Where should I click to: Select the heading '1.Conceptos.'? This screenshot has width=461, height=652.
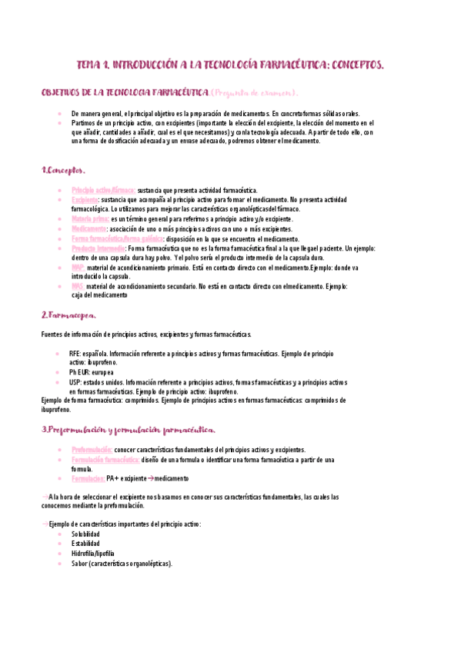click(63, 170)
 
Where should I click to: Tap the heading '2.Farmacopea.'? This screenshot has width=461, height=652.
click(68, 314)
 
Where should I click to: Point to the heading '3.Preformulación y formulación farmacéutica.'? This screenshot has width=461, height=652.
click(129, 430)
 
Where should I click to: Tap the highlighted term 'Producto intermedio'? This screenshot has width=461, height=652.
click(99, 249)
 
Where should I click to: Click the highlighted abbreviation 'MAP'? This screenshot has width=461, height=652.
click(78, 268)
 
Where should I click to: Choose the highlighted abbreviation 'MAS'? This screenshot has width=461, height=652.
click(78, 286)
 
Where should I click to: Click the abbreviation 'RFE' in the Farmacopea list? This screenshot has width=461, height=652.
click(75, 353)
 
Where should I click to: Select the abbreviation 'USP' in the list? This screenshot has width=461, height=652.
click(75, 382)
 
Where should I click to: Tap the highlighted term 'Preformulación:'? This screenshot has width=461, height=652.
click(92, 450)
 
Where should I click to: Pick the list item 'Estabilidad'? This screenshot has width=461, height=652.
click(85, 544)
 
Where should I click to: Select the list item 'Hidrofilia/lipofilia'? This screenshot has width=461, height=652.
click(92, 554)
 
